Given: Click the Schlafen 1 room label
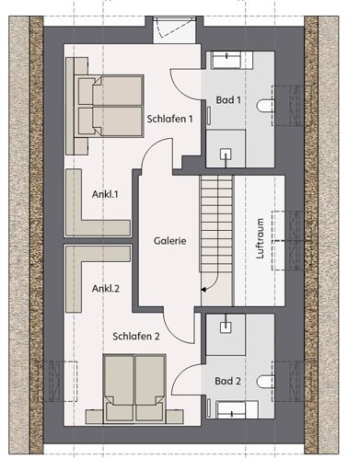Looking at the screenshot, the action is pyautogui.click(x=169, y=119).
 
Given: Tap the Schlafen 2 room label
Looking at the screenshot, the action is pyautogui.click(x=136, y=337).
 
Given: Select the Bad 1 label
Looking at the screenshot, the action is pyautogui.click(x=228, y=99).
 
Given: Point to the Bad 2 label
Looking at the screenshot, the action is pyautogui.click(x=227, y=381).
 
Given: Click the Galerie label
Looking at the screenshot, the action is pyautogui.click(x=169, y=241).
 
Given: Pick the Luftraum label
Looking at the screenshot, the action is pyautogui.click(x=260, y=238).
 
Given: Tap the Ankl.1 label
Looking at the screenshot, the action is pyautogui.click(x=105, y=194).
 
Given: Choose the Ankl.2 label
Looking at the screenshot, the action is pyautogui.click(x=105, y=289).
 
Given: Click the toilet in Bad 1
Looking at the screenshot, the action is pyautogui.click(x=265, y=106).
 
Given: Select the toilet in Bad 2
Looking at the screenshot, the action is pyautogui.click(x=265, y=382).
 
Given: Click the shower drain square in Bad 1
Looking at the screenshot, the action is pyautogui.click(x=226, y=154).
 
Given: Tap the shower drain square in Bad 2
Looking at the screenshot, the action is pyautogui.click(x=226, y=327).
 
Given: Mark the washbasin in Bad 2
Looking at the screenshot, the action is pyautogui.click(x=231, y=409).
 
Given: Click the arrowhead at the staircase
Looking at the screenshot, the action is pyautogui.click(x=203, y=289).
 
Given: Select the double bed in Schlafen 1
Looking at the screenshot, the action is pyautogui.click(x=110, y=106).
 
